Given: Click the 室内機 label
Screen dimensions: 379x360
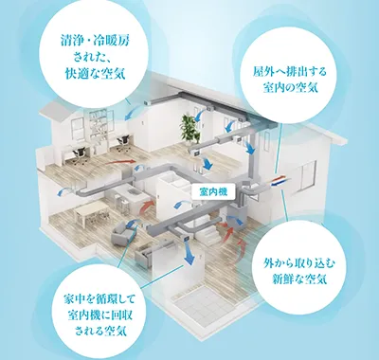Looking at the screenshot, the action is pyautogui.click(x=210, y=190).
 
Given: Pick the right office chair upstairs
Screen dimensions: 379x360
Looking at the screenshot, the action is pyautogui.click(x=123, y=144).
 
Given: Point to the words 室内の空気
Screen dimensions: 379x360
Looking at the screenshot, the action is pyautogui.click(x=289, y=88).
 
